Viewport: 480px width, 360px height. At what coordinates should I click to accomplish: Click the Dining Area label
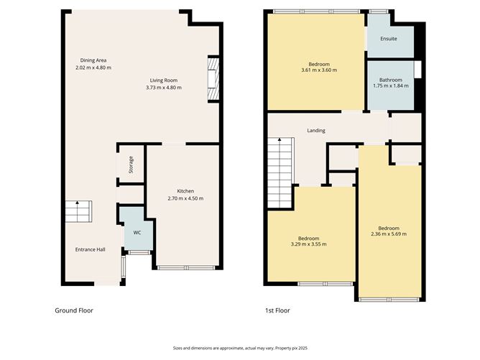[x=93, y=60]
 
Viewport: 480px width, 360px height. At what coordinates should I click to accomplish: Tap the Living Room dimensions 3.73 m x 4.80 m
[x=164, y=88]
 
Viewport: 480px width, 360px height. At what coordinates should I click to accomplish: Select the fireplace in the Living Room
[x=213, y=79]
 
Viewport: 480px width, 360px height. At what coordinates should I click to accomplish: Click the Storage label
[x=131, y=165]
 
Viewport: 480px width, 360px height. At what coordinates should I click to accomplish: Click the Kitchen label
[x=185, y=191]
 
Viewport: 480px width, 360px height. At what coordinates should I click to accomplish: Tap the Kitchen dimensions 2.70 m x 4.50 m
[x=185, y=198]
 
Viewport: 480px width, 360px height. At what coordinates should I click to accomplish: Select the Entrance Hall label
[x=91, y=249]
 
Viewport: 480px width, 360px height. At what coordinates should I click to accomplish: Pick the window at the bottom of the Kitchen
[x=185, y=268]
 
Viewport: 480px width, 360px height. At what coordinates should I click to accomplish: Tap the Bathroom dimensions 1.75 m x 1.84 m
[x=391, y=86]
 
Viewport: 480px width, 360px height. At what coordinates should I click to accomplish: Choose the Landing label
[x=316, y=131]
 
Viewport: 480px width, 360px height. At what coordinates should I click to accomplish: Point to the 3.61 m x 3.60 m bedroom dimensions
[x=318, y=70]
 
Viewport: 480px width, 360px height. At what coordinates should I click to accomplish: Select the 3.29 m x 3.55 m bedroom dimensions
[x=308, y=244]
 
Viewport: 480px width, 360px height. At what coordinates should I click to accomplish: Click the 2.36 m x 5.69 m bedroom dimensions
[x=389, y=234]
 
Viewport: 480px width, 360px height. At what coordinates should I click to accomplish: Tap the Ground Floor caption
[x=74, y=310]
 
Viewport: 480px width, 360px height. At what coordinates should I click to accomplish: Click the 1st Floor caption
[x=277, y=310]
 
